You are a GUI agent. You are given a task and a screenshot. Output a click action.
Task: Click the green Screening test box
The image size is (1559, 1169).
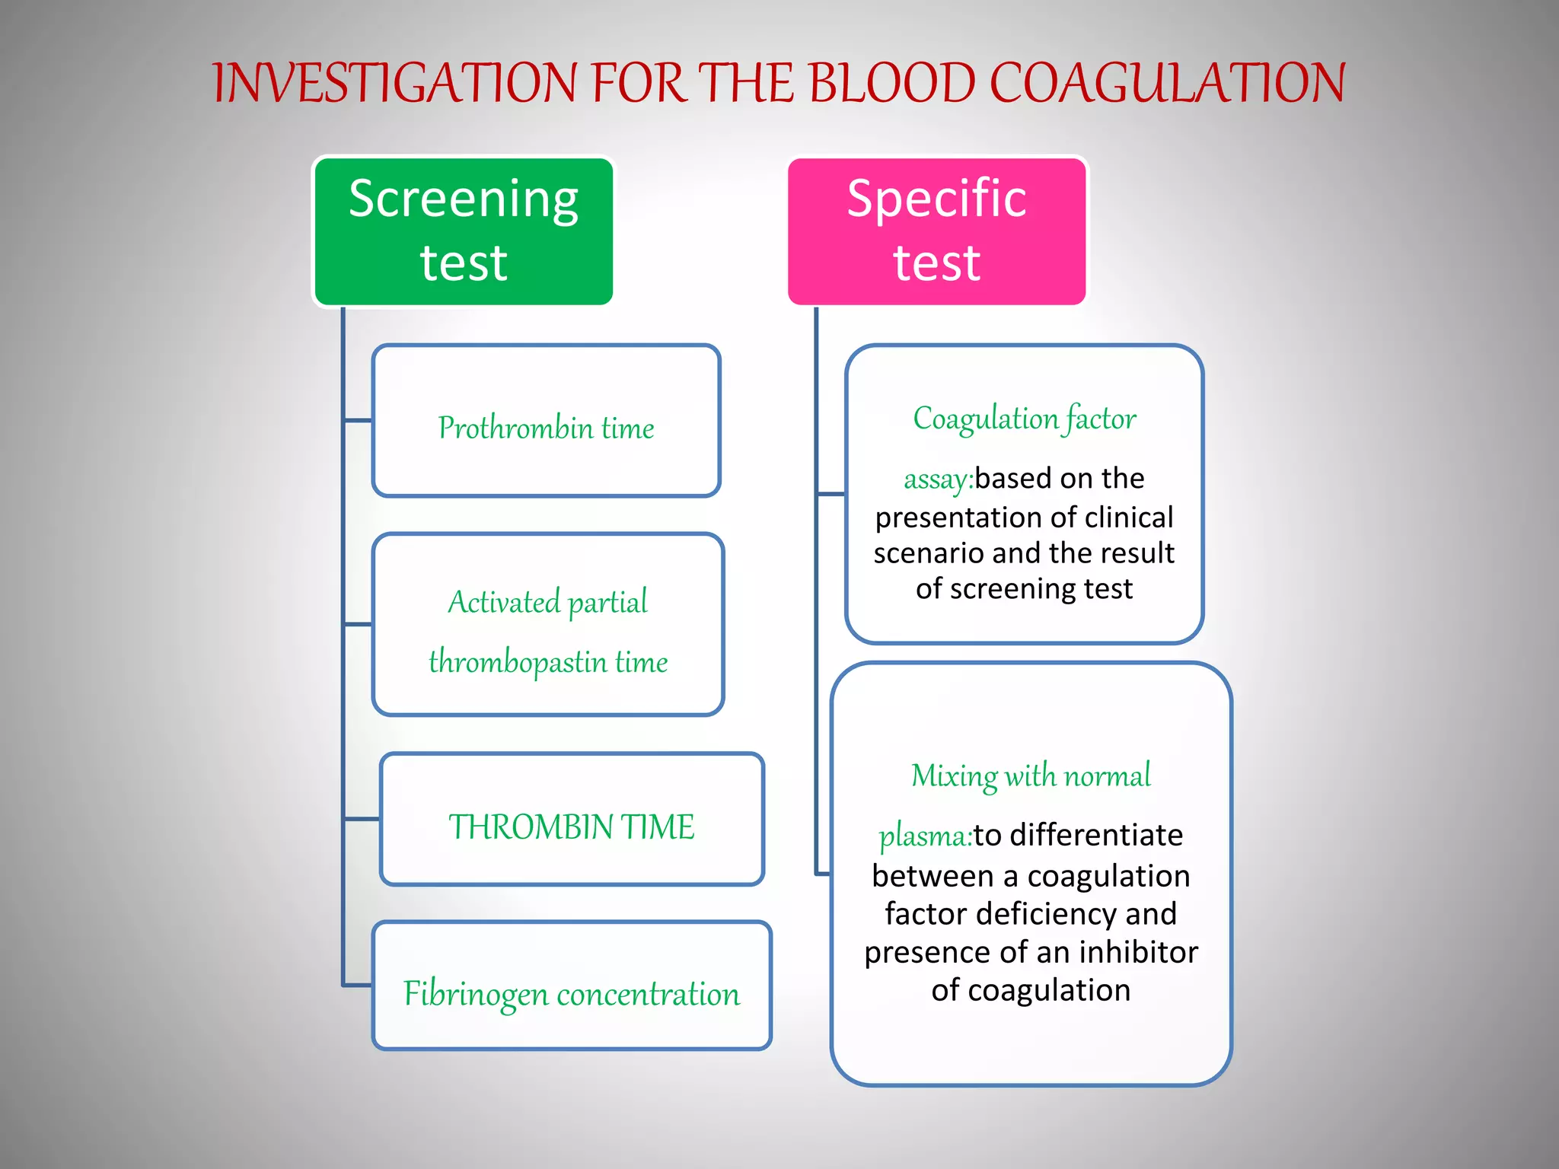pos(463,231)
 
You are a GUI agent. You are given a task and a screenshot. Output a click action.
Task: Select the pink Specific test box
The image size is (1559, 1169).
pos(936,231)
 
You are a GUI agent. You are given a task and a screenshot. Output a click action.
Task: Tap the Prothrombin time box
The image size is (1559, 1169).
pos(546,421)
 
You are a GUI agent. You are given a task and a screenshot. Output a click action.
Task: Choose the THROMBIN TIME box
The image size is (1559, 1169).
pos(572,820)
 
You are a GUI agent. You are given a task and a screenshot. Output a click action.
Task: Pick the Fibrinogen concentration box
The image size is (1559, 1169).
pos(572,986)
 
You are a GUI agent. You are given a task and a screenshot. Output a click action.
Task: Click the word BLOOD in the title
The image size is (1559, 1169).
pos(891,83)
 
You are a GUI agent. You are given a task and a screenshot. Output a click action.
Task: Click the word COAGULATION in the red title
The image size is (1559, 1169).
pos(1167,83)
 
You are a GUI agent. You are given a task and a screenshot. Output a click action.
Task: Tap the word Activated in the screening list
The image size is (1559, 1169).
pos(504,602)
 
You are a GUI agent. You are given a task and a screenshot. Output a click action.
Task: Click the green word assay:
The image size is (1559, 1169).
pos(938,479)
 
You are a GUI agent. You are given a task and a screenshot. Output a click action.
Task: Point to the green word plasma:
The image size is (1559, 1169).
pos(925,836)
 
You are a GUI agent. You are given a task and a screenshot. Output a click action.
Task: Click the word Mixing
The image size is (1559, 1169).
pos(954,776)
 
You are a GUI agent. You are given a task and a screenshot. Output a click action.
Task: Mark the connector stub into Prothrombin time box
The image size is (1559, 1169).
pos(358,420)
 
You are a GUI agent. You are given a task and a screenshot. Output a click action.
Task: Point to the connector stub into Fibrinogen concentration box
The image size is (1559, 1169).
pos(358,986)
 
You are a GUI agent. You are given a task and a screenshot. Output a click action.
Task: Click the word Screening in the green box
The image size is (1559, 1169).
pos(463,199)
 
